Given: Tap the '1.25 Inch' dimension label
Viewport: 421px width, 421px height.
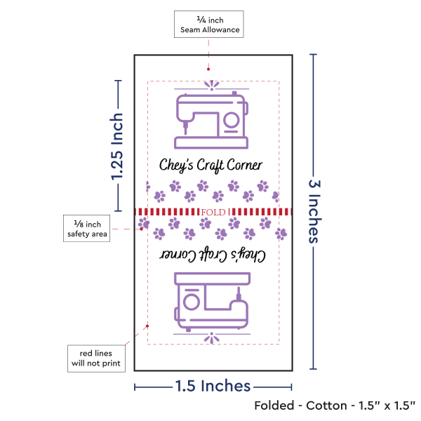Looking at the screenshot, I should pos(116,147).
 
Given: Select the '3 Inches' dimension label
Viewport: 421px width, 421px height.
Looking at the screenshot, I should pos(314,210).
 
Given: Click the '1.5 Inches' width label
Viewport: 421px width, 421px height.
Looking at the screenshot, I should pos(213,385).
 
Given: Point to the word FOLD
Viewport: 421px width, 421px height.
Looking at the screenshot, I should pos(213,211).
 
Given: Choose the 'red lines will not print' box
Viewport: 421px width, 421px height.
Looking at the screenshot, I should pos(95,357).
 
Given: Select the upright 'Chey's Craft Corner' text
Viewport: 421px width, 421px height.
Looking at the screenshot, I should pos(210,166).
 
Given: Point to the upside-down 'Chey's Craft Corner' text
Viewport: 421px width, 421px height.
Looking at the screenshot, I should pos(210,254).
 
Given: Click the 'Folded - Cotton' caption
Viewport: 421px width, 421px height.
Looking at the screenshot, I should pos(335,406).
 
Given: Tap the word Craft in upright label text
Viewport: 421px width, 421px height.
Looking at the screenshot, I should pos(210,166).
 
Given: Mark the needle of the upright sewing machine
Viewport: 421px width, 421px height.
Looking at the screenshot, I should pos(185,128).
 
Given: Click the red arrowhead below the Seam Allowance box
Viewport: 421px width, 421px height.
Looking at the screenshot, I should pos(208,69).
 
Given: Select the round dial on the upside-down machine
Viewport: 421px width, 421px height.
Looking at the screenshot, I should pos(190,302).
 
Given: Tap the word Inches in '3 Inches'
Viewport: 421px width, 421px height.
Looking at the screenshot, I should pos(314,220).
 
